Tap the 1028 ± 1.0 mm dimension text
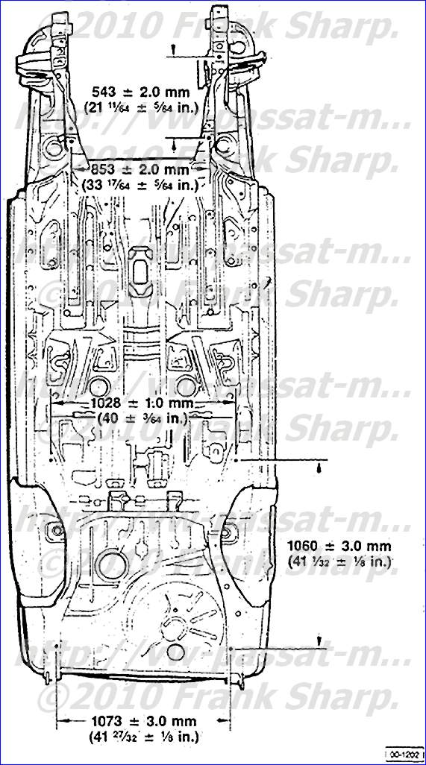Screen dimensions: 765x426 [141, 403]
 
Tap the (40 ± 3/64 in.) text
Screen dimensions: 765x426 [141, 418]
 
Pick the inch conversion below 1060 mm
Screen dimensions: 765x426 [341, 561]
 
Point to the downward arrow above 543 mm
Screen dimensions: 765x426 [174, 51]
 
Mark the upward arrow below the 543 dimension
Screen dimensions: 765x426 [174, 141]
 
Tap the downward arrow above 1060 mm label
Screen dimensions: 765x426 [319, 467]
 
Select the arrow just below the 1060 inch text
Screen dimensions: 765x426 [319, 640]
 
